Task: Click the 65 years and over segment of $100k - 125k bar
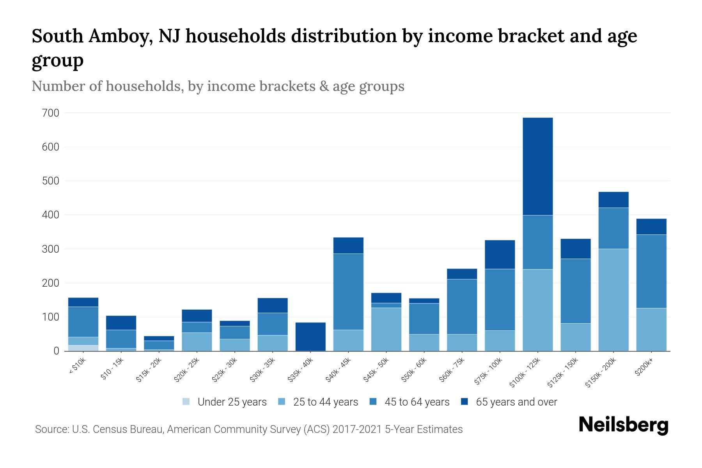[537, 167]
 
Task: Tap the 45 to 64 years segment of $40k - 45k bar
[348, 292]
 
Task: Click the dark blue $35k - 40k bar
[310, 336]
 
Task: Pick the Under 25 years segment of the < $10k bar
[83, 348]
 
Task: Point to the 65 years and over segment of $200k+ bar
[651, 227]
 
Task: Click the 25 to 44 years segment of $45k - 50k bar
[386, 329]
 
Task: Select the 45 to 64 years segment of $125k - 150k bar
[575, 291]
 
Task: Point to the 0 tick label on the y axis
[56, 351]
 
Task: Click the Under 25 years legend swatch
[186, 402]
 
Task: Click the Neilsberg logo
[623, 425]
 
